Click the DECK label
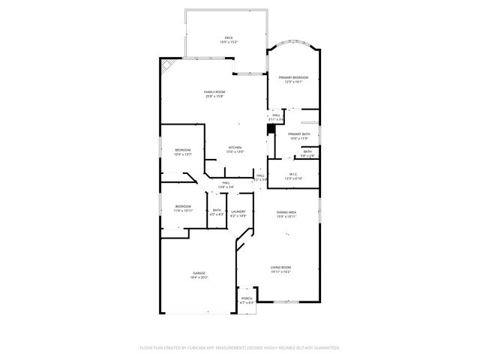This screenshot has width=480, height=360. coord(227,37)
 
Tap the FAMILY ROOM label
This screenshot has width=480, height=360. coord(214,91)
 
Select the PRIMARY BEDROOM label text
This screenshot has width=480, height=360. coord(294,77)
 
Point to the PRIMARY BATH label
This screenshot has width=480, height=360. coord(298,133)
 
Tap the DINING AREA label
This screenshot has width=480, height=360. coord(286,212)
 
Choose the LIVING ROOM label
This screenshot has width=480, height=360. coord(280,267)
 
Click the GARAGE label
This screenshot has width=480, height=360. coord(199,273)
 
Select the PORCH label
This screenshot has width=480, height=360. coord(247,298)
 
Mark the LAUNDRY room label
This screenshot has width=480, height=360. coord(238,211)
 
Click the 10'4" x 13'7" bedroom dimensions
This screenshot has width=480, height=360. coord(183,154)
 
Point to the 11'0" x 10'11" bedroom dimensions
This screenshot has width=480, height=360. coord(184,211)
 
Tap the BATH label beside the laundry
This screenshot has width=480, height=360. coord(217,211)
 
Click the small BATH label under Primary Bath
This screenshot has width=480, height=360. coord(307,151)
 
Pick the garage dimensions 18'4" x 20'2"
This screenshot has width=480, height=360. coord(199,277)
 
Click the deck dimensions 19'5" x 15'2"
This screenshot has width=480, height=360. coord(227,42)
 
